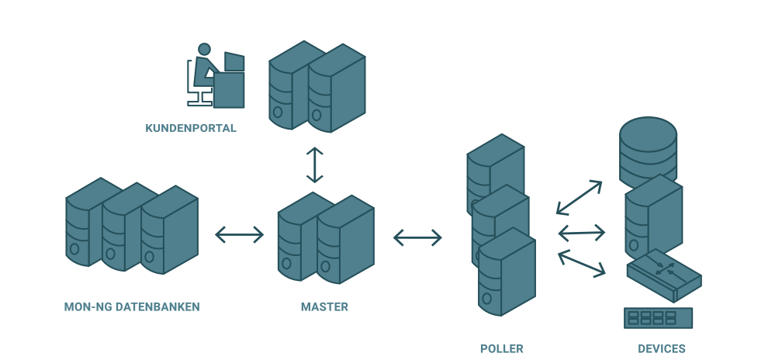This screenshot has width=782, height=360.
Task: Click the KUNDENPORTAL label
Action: (191, 128)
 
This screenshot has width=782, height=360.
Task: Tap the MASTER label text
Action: (324, 306)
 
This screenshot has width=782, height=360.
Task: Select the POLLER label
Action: (501, 348)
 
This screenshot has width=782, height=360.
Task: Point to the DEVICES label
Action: (662, 348)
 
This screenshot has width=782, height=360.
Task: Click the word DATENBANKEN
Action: (157, 306)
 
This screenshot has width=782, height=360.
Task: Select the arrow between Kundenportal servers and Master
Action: (314, 164)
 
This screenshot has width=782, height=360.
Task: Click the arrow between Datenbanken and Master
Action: (239, 234)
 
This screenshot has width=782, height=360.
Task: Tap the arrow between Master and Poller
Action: (417, 237)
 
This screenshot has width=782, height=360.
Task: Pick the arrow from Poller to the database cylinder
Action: (580, 197)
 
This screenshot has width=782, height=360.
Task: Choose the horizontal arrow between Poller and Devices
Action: (581, 232)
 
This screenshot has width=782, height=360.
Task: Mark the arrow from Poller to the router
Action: (581, 262)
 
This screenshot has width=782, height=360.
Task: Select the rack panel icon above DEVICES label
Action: (658, 318)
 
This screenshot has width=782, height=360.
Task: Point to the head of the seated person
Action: (204, 50)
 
